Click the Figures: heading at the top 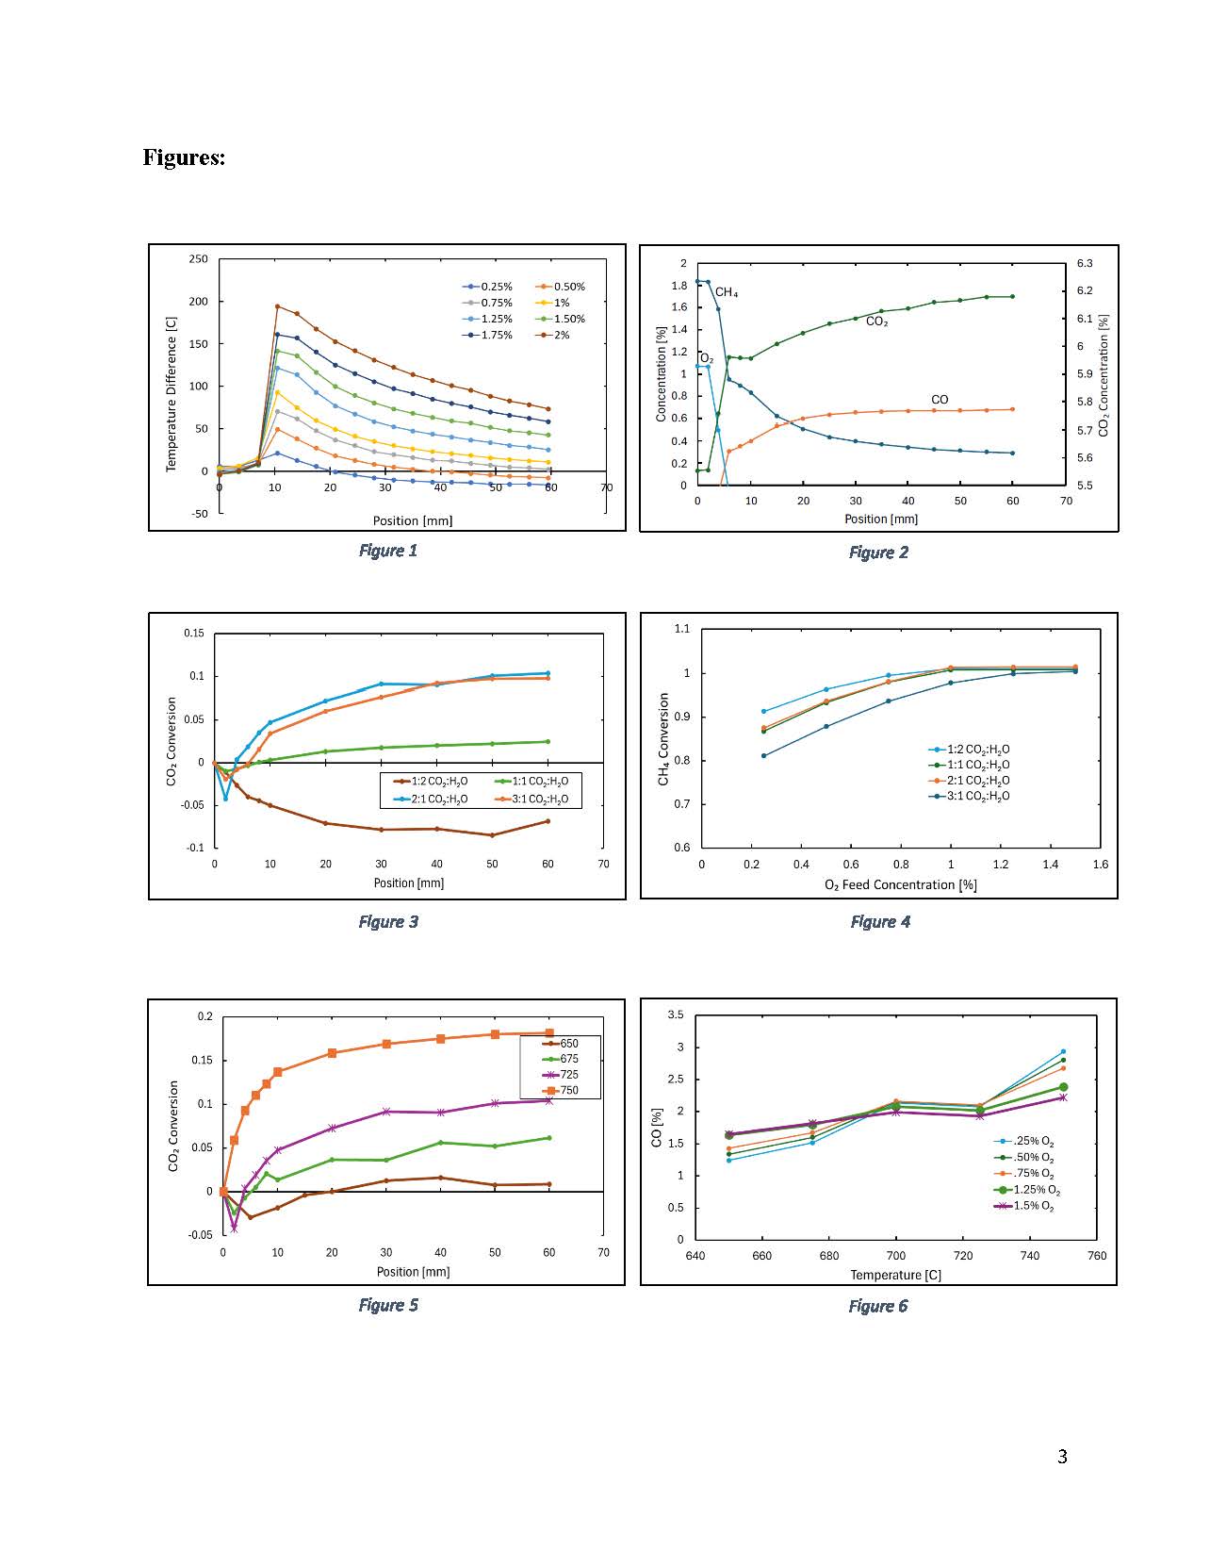[184, 157]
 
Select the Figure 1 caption [387, 551]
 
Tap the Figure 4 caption [880, 922]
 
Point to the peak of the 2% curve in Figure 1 [277, 306]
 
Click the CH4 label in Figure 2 [727, 293]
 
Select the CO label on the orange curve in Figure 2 [940, 400]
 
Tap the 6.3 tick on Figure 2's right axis [1085, 263]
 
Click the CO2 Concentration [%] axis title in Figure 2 [1104, 375]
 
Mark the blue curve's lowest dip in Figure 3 [225, 799]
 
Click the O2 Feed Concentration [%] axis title [900, 885]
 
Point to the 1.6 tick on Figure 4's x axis [1100, 864]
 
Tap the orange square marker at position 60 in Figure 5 [549, 1033]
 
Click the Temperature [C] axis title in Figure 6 [895, 1275]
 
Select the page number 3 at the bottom [1062, 1457]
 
